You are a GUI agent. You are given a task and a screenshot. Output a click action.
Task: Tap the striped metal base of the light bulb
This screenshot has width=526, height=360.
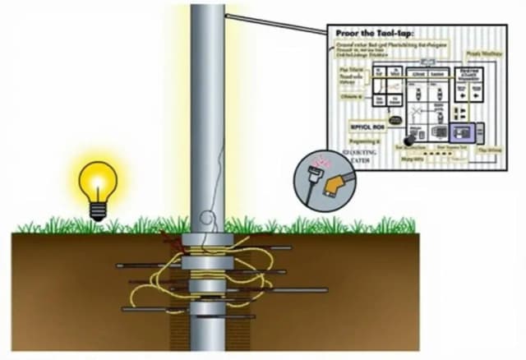(98, 211)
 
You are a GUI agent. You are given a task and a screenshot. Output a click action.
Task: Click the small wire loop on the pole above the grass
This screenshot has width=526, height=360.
(210, 220)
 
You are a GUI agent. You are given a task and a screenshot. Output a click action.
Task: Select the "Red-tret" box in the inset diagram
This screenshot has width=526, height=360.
(471, 75)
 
